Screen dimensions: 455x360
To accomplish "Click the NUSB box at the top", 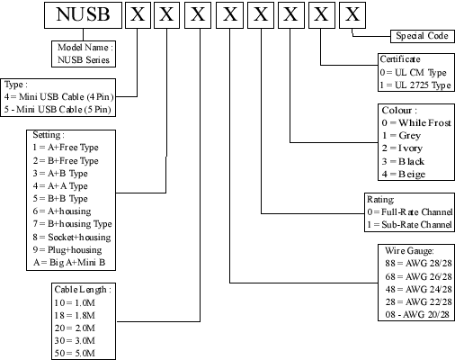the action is [x=83, y=15].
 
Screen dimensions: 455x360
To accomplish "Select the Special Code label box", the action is [x=423, y=36].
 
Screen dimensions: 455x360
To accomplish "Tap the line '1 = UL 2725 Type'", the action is [x=415, y=85].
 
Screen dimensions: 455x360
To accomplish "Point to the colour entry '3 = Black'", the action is [x=403, y=161].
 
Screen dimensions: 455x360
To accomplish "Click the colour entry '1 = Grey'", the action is [x=401, y=136].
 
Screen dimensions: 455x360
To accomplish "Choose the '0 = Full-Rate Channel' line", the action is [x=410, y=212].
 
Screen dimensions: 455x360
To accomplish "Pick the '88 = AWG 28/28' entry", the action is [x=418, y=263].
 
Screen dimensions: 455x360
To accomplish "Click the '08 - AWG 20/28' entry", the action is [x=417, y=314].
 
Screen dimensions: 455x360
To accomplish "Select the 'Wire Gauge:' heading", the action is [x=409, y=250].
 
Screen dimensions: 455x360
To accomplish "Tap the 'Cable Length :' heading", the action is [x=83, y=290].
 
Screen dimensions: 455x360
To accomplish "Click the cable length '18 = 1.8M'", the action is [x=75, y=315].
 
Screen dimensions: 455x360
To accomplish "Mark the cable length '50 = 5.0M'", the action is [x=75, y=353].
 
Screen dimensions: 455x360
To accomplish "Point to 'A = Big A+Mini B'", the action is [x=69, y=263].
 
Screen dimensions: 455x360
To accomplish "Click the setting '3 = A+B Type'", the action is [x=60, y=174].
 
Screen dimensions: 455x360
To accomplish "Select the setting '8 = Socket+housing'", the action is [x=72, y=238].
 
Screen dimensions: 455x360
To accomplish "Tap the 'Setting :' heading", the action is [x=49, y=135].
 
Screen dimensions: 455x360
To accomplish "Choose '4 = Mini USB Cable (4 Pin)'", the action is [x=59, y=96].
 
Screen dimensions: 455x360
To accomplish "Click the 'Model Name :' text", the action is [x=85, y=48].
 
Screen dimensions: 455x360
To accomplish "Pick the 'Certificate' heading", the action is [x=400, y=59].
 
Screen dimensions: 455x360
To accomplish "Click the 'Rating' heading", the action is [x=380, y=200].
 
